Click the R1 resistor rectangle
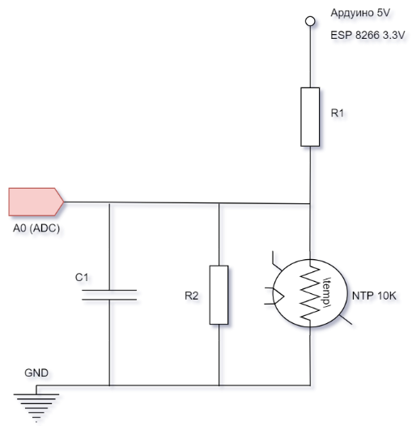(x=310, y=117)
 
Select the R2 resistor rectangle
(x=219, y=295)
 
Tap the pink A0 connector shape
(x=36, y=202)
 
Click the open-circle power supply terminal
(x=310, y=21)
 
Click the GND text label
(x=36, y=373)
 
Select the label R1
(x=337, y=113)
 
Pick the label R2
(x=192, y=296)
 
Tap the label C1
(x=82, y=278)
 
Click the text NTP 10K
(x=374, y=296)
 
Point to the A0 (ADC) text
(x=36, y=228)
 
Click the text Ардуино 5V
(x=360, y=13)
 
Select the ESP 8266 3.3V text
(x=367, y=35)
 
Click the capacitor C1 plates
(x=109, y=295)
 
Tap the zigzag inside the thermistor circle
(x=310, y=293)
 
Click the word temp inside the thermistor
(x=327, y=292)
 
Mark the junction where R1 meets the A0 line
(x=310, y=203)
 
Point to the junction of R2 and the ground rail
(x=219, y=386)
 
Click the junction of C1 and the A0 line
(x=109, y=202)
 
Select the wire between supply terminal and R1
(x=310, y=57)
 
